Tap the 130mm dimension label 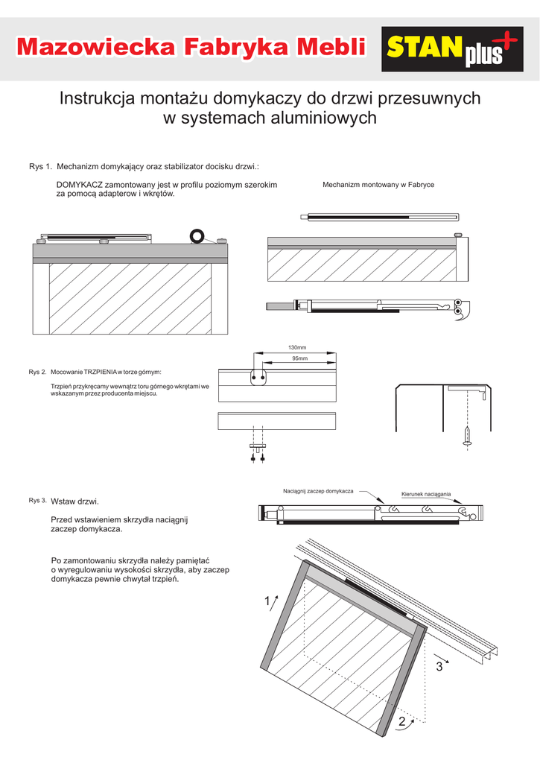297,348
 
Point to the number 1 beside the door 267,601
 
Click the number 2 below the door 402,722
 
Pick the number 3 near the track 439,666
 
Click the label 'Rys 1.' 40,166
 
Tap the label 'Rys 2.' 38,372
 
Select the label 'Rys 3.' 38,500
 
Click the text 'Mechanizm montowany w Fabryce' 378,184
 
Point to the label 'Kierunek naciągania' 426,494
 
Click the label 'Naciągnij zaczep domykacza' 318,491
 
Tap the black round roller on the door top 197,236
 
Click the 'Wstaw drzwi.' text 74,501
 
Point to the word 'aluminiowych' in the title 320,118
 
